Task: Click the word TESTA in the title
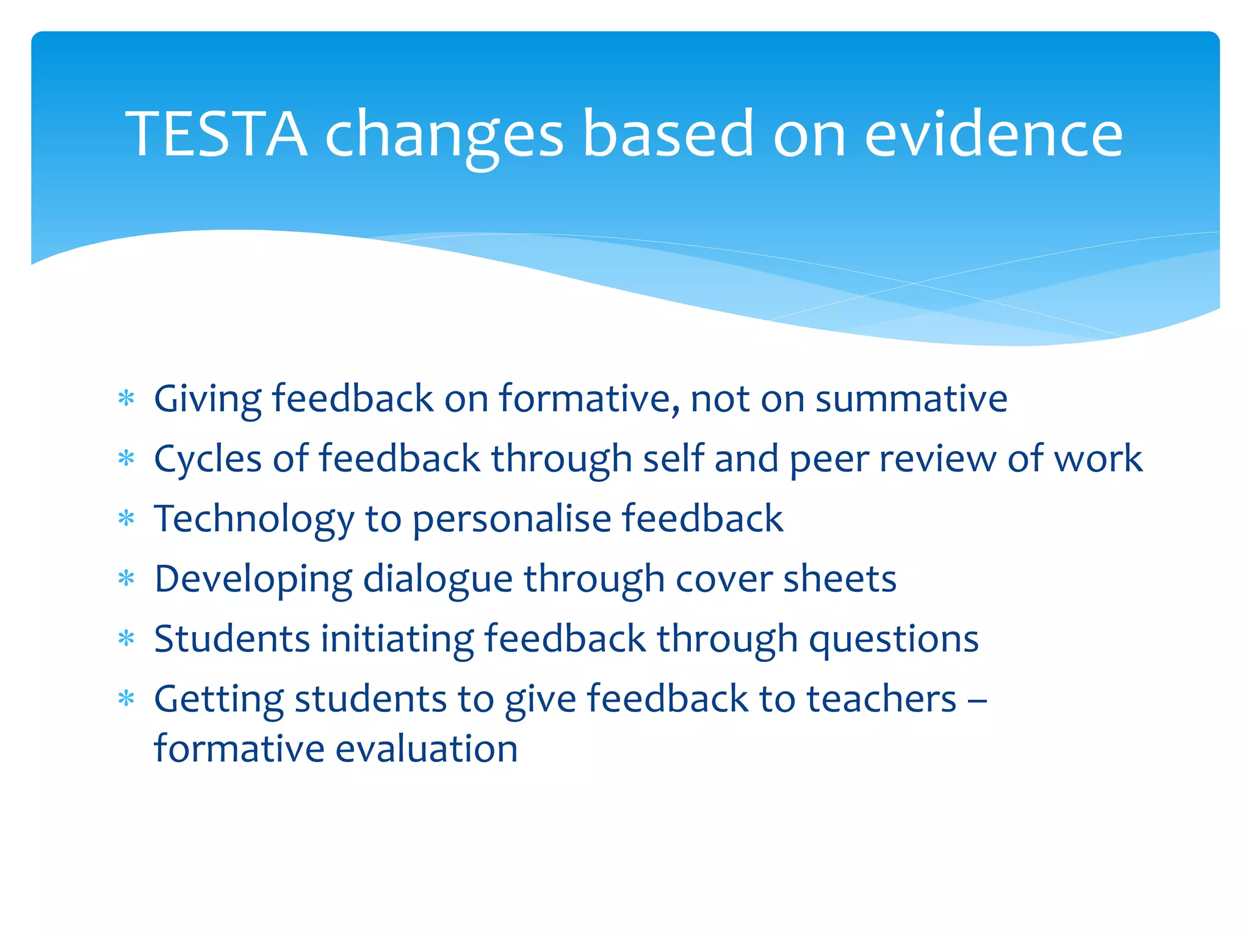pos(216,133)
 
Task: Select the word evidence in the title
pos(994,133)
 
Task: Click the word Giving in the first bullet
pos(208,399)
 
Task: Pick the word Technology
pos(254,519)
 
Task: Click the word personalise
pos(512,519)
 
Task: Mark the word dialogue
pos(438,580)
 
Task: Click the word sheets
pos(840,578)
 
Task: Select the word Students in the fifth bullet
pos(232,639)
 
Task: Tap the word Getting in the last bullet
pos(219,699)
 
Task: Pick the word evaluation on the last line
pos(427,749)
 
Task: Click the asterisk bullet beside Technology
pos(126,518)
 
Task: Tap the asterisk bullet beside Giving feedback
pos(126,399)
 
